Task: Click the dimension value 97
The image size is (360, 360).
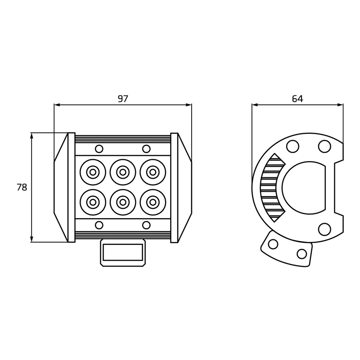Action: (123, 99)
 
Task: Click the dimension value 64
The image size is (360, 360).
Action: (297, 99)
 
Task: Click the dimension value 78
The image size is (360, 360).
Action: (22, 187)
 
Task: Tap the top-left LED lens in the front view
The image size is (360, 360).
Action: (93, 172)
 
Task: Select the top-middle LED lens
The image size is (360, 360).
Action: (123, 172)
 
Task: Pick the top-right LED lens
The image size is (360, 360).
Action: (153, 172)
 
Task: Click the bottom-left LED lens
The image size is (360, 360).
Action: (93, 202)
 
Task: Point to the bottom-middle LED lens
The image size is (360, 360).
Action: (123, 202)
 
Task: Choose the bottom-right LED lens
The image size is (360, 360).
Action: (153, 202)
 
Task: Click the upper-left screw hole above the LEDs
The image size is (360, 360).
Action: (99, 149)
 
